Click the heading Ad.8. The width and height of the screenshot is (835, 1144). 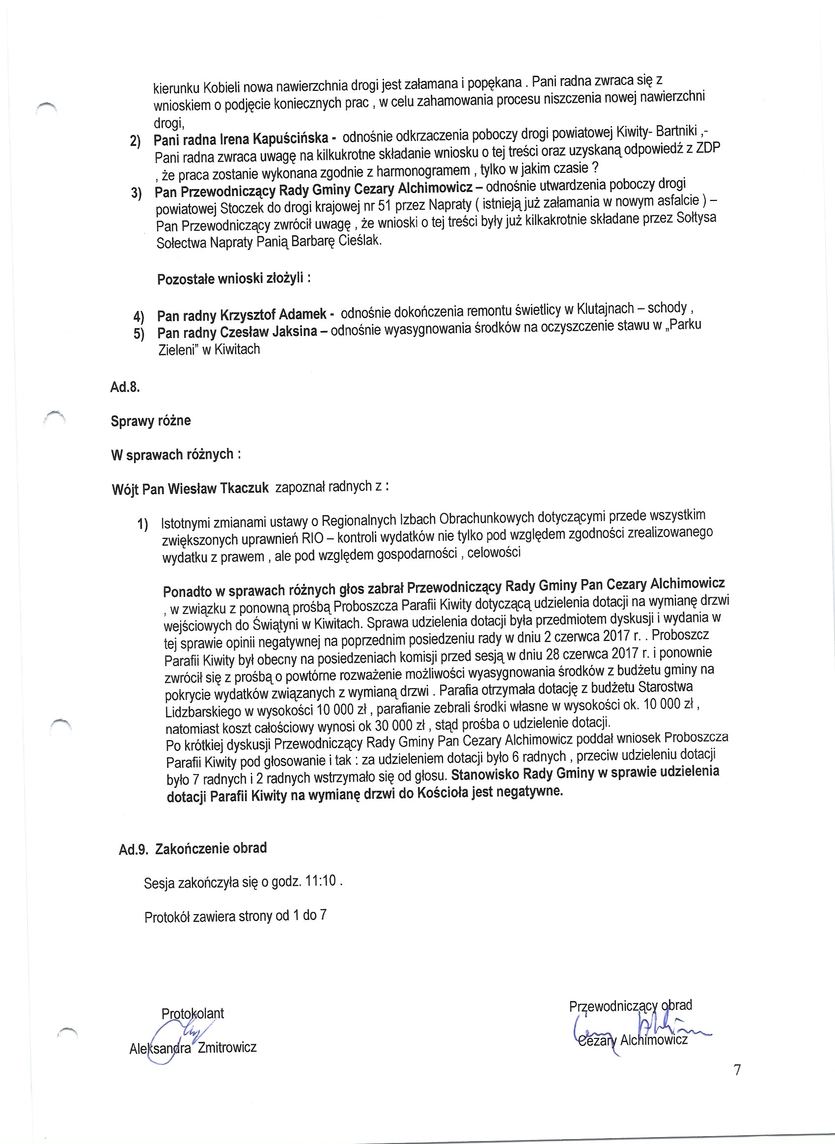point(125,387)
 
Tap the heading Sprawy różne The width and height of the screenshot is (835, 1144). point(151,420)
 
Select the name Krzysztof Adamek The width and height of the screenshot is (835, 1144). point(273,314)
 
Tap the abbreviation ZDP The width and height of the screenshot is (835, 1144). point(708,148)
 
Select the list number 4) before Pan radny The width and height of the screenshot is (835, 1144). point(139,317)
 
